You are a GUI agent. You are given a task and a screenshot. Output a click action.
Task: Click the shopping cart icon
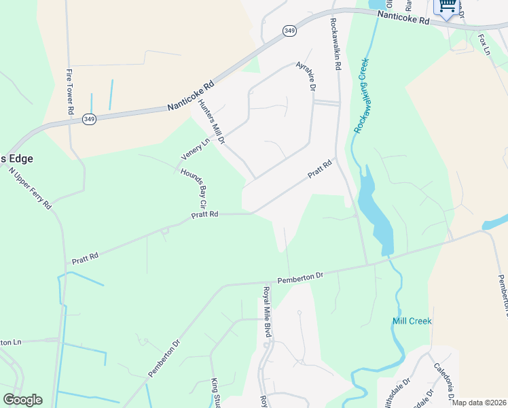447,6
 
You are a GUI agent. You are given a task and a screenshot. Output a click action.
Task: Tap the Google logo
22,400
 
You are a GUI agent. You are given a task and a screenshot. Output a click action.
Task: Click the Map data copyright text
479,403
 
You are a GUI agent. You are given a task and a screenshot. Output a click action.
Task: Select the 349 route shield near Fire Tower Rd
89,119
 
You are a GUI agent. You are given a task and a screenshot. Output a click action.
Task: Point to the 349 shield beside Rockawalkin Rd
289,31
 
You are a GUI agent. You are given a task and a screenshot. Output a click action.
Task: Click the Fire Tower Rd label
70,90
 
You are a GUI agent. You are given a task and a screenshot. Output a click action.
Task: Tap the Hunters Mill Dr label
211,122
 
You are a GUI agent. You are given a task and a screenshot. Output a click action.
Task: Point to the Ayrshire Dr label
306,76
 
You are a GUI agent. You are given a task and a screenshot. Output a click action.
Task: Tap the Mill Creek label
412,321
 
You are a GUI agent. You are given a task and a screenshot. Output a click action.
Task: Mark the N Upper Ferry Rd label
30,186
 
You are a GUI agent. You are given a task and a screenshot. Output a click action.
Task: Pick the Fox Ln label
484,44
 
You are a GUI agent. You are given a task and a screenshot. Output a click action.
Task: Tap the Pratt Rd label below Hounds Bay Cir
204,214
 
